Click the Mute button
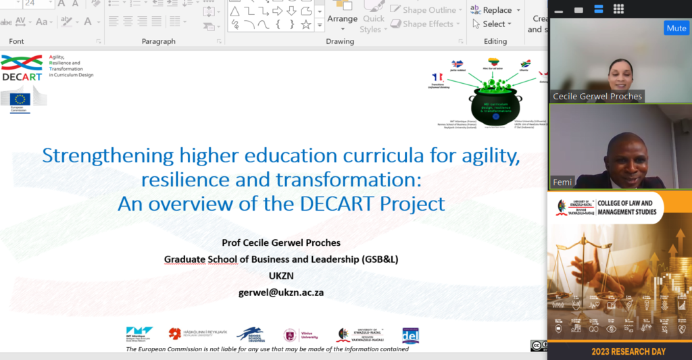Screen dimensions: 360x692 click(676, 28)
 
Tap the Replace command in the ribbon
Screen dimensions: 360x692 click(496, 10)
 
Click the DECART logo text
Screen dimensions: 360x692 click(22, 76)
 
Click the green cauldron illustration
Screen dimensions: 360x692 click(495, 102)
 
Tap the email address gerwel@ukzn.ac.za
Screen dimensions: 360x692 click(281, 292)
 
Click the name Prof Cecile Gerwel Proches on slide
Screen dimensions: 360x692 click(280, 242)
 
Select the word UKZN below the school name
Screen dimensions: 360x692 click(281, 276)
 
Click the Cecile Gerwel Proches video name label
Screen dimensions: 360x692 click(597, 97)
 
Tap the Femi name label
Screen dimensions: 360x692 click(563, 182)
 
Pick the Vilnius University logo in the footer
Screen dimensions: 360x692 click(298, 335)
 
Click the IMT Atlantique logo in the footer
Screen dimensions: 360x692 click(139, 334)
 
